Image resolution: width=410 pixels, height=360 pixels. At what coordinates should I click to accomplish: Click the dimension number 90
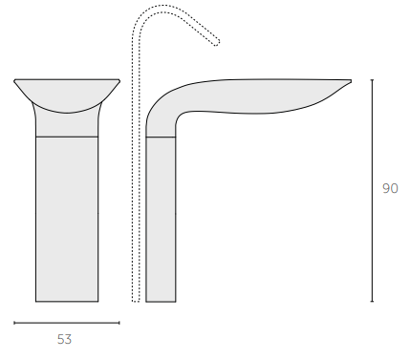(390, 189)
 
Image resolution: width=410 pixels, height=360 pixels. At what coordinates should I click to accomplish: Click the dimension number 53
(65, 339)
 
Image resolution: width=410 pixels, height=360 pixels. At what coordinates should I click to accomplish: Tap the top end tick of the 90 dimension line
(372, 80)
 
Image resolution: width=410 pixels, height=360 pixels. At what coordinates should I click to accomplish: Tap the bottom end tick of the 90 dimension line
(372, 302)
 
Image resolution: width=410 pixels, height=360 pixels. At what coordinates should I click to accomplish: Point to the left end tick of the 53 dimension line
(14, 323)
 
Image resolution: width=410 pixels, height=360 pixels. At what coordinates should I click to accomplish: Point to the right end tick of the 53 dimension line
(119, 323)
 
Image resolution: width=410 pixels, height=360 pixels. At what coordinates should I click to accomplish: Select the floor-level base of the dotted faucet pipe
(136, 301)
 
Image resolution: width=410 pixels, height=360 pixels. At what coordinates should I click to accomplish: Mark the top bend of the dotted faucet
(153, 11)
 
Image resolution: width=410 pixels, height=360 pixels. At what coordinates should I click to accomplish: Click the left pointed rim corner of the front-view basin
(15, 80)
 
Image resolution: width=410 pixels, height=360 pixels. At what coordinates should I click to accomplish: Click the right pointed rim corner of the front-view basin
(119, 80)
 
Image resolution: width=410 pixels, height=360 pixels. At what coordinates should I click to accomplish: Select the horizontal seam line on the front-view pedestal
(67, 138)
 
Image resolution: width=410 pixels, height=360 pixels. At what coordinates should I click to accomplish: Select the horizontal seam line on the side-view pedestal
(161, 138)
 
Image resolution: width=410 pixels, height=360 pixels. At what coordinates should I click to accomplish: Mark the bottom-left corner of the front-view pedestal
(36, 302)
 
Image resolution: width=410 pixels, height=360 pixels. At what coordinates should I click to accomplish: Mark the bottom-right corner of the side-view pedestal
(176, 302)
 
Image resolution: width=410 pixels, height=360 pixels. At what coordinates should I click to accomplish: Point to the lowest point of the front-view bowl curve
(67, 114)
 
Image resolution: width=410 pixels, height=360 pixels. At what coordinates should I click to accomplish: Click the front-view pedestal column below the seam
(67, 220)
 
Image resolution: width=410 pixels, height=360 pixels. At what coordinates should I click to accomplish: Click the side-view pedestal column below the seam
(161, 220)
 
